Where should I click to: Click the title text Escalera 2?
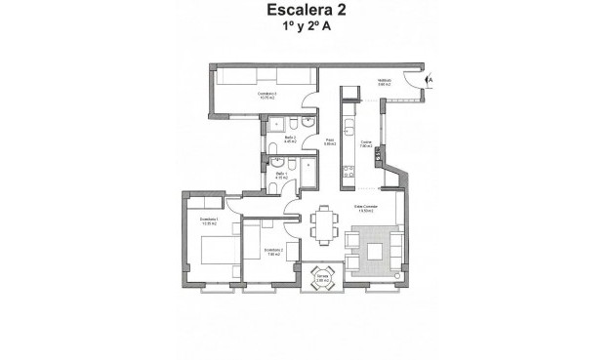[x=307, y=13]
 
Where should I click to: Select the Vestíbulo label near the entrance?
[x=385, y=84]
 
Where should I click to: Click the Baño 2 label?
[x=290, y=140]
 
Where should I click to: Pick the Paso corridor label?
[x=329, y=142]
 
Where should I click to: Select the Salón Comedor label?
[x=365, y=210]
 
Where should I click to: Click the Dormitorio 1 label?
[x=207, y=221]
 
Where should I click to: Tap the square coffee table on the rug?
[x=375, y=249]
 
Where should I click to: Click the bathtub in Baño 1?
[x=307, y=174]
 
